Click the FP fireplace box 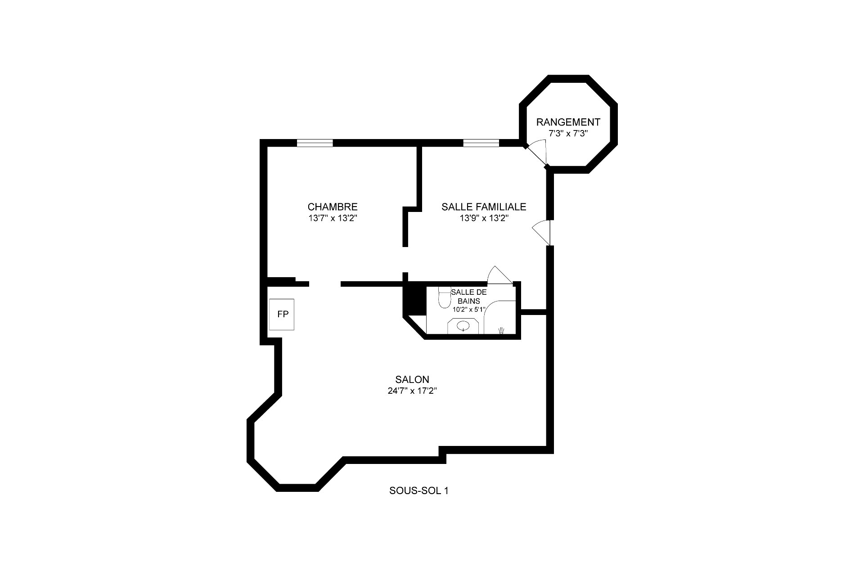tap(282, 315)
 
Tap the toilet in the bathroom tap(445, 297)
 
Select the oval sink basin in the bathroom tap(463, 326)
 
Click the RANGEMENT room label tap(568, 122)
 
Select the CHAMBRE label tap(333, 207)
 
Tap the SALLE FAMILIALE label tap(484, 207)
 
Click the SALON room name tap(412, 379)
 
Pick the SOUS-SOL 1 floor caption tap(418, 490)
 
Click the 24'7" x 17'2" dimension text tap(412, 391)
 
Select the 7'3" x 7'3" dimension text tap(568, 134)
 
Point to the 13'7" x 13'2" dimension tap(333, 218)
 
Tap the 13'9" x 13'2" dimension tap(484, 218)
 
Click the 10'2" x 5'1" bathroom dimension tap(469, 309)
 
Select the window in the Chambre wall tap(315, 143)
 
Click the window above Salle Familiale tap(481, 143)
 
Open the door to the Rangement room tap(536, 153)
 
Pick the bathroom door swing tap(499, 275)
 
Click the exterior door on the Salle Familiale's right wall tap(541, 233)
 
